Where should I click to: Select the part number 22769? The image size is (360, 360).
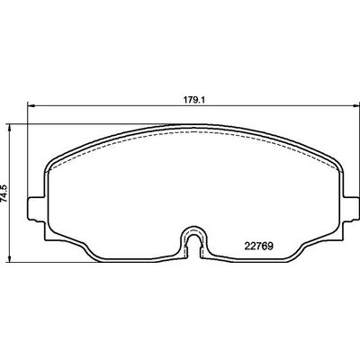pyautogui.click(x=260, y=240)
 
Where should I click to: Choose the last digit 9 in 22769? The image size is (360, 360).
pyautogui.click(x=271, y=240)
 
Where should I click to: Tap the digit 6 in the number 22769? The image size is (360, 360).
pyautogui.click(x=265, y=240)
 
